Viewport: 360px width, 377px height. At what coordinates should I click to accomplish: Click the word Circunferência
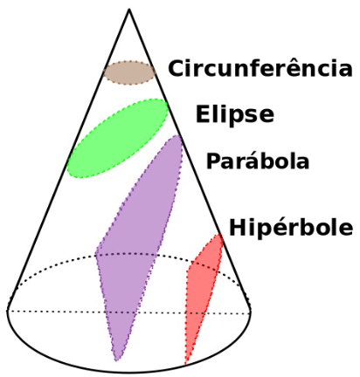260,68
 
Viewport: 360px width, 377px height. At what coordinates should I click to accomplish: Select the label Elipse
235,115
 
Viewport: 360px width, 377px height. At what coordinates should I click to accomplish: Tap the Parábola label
258,161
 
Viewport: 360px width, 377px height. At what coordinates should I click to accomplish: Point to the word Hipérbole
291,228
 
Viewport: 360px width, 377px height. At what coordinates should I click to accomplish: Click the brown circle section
129,72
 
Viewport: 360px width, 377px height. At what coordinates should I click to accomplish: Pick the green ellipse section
117,138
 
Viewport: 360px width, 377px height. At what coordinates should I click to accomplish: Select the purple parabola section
140,247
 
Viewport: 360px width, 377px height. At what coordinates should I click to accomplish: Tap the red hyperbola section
203,294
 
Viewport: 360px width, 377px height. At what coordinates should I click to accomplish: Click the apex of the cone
129,10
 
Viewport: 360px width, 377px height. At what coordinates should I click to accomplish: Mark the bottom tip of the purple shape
117,360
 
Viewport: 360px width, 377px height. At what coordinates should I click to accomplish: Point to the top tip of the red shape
219,234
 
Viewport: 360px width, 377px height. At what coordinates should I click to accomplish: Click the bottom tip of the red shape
185,364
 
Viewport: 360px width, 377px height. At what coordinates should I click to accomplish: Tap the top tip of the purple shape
177,135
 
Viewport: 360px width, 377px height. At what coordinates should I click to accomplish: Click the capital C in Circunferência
177,68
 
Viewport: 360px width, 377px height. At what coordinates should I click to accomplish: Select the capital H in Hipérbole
238,227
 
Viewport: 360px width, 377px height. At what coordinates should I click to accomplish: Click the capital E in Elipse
203,113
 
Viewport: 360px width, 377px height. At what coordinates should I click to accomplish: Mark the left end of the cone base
7,311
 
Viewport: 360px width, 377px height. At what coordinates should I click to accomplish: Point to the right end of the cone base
251,312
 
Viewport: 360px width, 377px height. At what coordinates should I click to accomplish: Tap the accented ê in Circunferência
294,68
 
